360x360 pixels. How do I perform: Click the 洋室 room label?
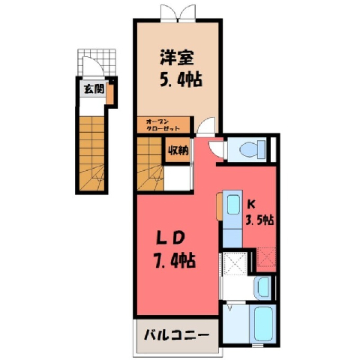click(x=177, y=58)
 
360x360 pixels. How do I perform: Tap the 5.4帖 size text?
click(x=181, y=79)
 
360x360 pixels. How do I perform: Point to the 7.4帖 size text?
click(x=174, y=260)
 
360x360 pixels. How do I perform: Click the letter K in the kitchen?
click(x=251, y=205)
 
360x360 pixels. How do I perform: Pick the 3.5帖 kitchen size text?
click(x=259, y=220)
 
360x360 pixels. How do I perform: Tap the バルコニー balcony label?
click(x=176, y=335)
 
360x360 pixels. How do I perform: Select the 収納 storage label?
click(x=178, y=151)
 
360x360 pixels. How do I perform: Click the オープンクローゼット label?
click(x=163, y=125)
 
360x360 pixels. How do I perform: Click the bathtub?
click(x=265, y=324)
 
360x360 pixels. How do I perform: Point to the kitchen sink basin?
click(x=233, y=205)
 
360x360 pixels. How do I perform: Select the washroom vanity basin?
click(x=262, y=288)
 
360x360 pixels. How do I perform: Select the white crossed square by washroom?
click(x=235, y=264)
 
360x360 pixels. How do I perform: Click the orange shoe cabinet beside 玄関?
click(x=109, y=94)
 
